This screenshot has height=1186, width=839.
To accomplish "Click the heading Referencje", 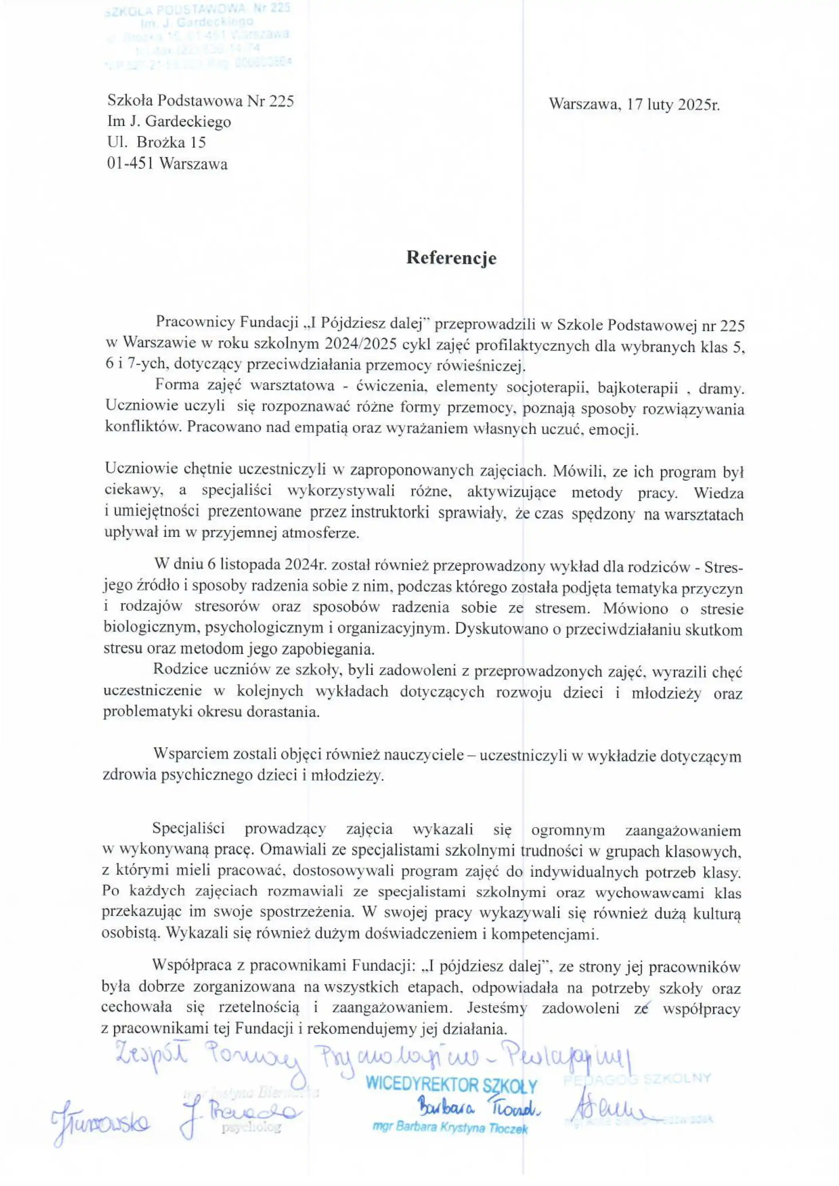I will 451,258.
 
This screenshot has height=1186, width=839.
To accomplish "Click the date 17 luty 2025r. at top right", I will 673,105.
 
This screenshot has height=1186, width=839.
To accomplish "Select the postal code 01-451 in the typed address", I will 131,164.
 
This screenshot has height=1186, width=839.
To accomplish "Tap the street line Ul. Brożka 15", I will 157,142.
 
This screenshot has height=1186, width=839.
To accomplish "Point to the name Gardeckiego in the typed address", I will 188,121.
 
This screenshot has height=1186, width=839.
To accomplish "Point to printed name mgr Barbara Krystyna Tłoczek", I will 450,1128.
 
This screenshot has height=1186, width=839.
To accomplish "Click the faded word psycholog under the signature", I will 251,1127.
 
